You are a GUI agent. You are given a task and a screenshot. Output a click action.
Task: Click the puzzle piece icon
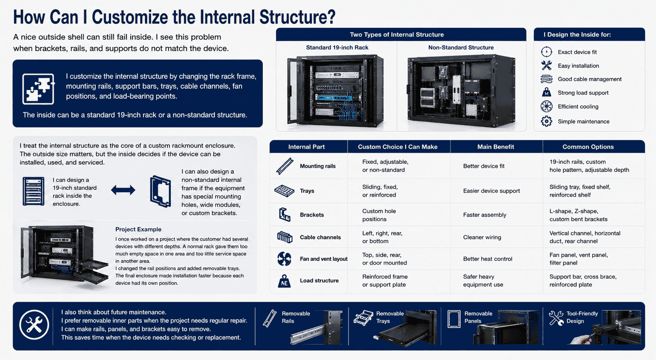coord(38,89)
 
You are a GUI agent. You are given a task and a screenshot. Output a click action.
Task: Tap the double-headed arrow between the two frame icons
coord(123,190)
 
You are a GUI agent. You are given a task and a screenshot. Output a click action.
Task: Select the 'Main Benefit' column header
coord(495,147)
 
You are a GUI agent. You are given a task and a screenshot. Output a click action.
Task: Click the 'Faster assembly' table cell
coord(485,215)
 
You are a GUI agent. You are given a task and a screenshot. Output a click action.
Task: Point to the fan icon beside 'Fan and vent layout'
coord(284,259)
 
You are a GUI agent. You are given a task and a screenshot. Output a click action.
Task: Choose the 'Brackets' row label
coord(312,215)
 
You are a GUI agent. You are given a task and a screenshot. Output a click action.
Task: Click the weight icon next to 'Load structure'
coord(284,281)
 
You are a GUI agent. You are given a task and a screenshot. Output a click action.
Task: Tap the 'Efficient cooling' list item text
coord(578,107)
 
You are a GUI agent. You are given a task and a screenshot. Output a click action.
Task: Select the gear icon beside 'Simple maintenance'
coord(546,121)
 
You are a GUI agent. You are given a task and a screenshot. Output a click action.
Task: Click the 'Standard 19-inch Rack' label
coord(337,47)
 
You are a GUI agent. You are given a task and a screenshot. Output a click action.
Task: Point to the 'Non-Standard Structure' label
coord(461,47)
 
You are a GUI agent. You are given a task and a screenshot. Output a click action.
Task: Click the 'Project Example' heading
coord(138,229)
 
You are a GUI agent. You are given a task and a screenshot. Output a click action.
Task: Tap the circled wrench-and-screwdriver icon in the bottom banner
coord(34,325)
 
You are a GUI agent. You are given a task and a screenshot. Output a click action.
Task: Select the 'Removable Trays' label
coord(390,317)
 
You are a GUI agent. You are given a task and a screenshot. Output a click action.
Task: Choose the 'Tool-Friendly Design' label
coord(582,317)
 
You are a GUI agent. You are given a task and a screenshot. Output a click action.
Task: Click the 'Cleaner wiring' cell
coord(482,238)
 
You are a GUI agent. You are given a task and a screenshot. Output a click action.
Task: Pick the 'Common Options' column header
coord(588,147)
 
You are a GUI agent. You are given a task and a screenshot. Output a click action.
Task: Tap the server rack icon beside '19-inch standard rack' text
coord(33,191)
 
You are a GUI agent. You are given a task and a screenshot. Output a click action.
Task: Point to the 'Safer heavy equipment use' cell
coord(483,281)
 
